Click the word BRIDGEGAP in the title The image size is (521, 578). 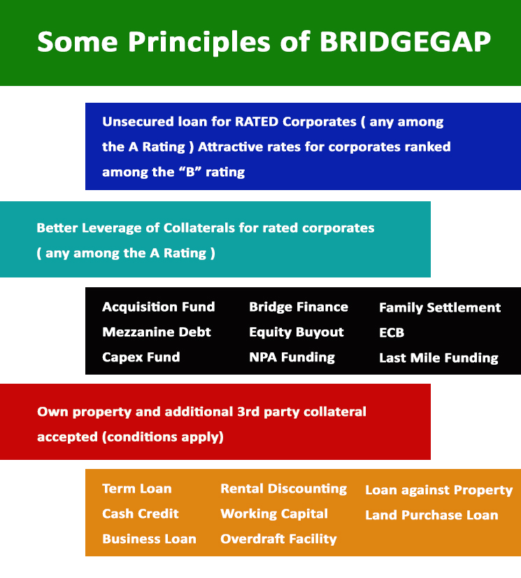click(405, 42)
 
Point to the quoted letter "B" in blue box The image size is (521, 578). click(190, 172)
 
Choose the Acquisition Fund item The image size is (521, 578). click(159, 307)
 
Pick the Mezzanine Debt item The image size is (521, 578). click(157, 332)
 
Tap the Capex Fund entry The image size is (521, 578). click(141, 357)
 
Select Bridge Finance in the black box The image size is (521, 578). click(299, 307)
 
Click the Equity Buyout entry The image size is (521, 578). click(297, 332)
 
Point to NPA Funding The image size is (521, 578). click(292, 357)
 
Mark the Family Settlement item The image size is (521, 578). click(440, 308)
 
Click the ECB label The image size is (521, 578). click(392, 333)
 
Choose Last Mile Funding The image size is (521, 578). click(438, 358)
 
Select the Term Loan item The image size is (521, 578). click(137, 489)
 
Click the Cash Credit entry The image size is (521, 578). click(140, 514)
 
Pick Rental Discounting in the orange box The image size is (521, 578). click(283, 489)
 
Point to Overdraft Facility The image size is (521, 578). click(278, 539)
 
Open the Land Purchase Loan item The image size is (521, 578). click(431, 515)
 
